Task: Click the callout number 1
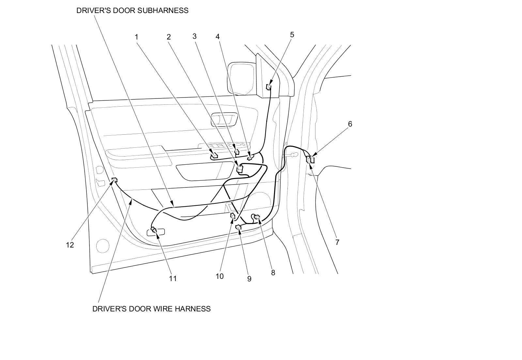pos(137,37)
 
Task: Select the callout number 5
pos(292,35)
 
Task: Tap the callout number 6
pos(350,124)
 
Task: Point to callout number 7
pos(337,242)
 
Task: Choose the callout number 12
pos(70,245)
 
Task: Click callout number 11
pos(173,278)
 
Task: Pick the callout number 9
pos(249,279)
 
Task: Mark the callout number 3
pos(194,36)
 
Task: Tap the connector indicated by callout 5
pos(269,87)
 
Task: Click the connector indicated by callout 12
pos(115,180)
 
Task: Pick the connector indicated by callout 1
pos(214,155)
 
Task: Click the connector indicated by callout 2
pos(239,168)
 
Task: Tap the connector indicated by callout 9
pos(238,227)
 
